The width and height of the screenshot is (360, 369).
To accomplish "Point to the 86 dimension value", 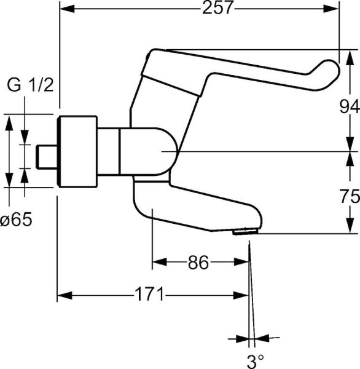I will [x=198, y=263].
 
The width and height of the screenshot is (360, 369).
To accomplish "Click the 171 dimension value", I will [x=150, y=295].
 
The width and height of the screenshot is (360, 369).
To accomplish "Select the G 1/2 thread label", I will [x=29, y=85].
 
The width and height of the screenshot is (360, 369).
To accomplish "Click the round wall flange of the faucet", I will [x=77, y=151].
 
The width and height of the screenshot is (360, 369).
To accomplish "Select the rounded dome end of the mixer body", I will [x=168, y=151].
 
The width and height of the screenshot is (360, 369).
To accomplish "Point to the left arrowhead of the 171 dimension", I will [x=64, y=295].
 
